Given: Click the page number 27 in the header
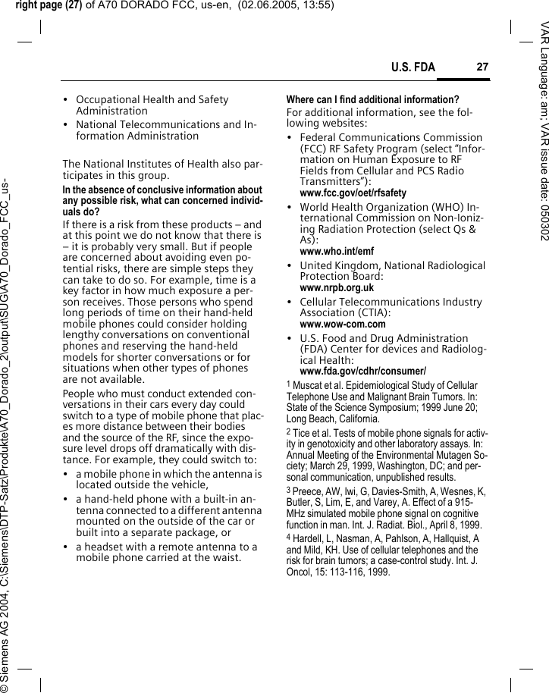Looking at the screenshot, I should click(482, 67).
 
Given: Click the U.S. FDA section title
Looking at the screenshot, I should click(413, 68).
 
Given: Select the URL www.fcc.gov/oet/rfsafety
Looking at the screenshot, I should click(353, 193).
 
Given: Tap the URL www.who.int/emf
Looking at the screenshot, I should click(337, 251).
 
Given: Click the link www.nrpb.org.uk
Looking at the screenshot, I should click(337, 288).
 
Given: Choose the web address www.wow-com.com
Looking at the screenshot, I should click(343, 325).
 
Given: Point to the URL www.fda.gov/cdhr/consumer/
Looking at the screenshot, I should click(362, 371).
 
